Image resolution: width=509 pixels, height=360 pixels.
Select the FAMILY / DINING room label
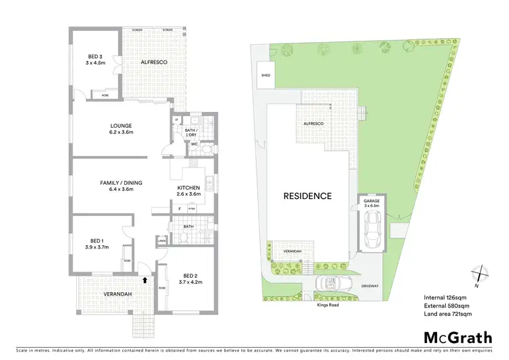click(x=117, y=185)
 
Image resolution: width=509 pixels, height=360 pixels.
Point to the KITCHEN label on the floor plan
click(x=187, y=191)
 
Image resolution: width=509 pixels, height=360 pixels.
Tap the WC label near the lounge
click(x=193, y=144)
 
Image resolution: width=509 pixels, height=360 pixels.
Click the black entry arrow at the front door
click(x=144, y=277)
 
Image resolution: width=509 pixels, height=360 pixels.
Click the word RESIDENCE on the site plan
click(x=307, y=196)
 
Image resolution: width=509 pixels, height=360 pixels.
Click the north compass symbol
click(x=480, y=273)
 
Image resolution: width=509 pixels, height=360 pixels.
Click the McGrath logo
click(x=459, y=338)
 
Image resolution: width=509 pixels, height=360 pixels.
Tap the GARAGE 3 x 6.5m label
click(x=371, y=202)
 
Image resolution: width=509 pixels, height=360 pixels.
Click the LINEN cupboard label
click(x=162, y=240)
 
